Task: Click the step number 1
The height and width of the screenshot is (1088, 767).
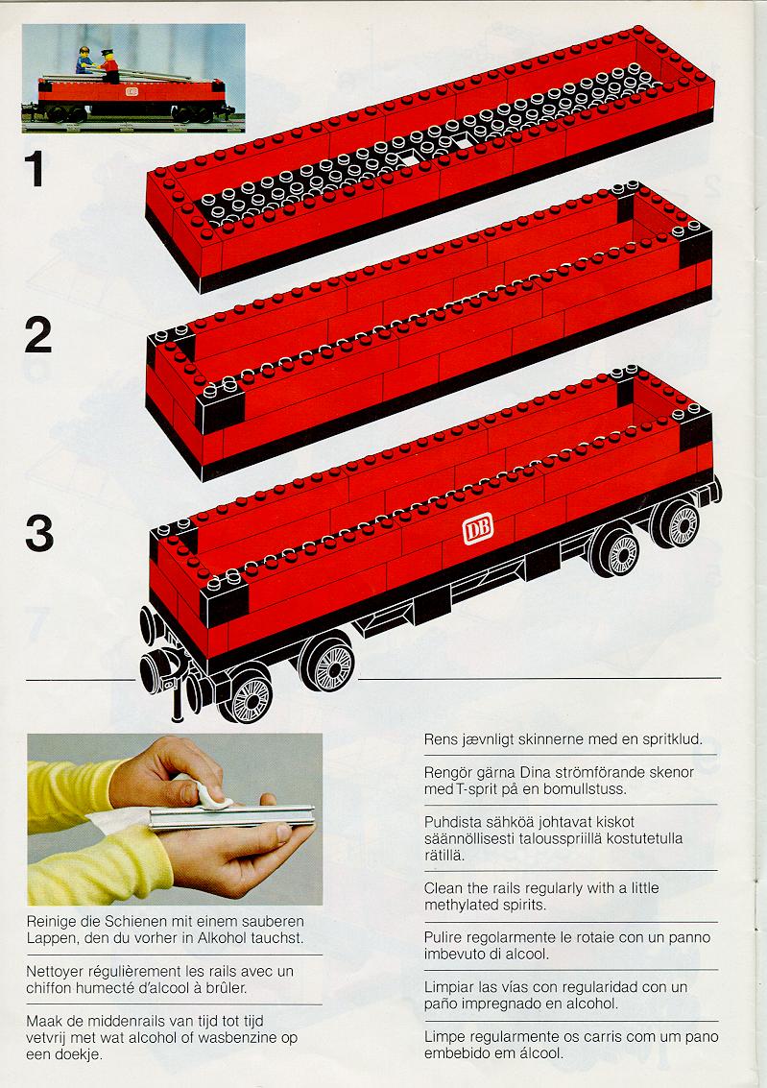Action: [35, 169]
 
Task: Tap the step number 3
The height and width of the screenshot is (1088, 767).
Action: [39, 534]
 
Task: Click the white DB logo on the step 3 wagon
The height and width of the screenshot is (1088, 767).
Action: [478, 528]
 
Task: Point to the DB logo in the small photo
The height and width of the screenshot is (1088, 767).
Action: [132, 91]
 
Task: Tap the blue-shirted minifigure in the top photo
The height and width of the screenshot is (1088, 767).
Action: [84, 60]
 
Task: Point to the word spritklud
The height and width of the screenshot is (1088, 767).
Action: [672, 739]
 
